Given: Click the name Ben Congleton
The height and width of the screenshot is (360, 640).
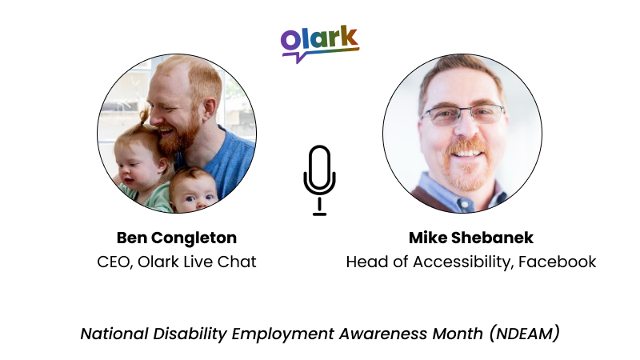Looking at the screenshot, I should tap(176, 238).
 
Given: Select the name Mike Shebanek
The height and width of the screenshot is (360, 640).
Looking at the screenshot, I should tap(470, 238).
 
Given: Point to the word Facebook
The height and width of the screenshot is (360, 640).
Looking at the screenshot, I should tap(557, 262).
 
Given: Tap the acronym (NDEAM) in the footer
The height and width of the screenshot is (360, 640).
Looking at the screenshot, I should tap(524, 333).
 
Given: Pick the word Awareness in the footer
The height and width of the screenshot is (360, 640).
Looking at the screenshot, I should tap(386, 333).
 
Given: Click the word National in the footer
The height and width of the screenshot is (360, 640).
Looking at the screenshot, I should tap(112, 333).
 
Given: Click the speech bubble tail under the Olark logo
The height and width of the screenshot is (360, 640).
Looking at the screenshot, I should tap(298, 58).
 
